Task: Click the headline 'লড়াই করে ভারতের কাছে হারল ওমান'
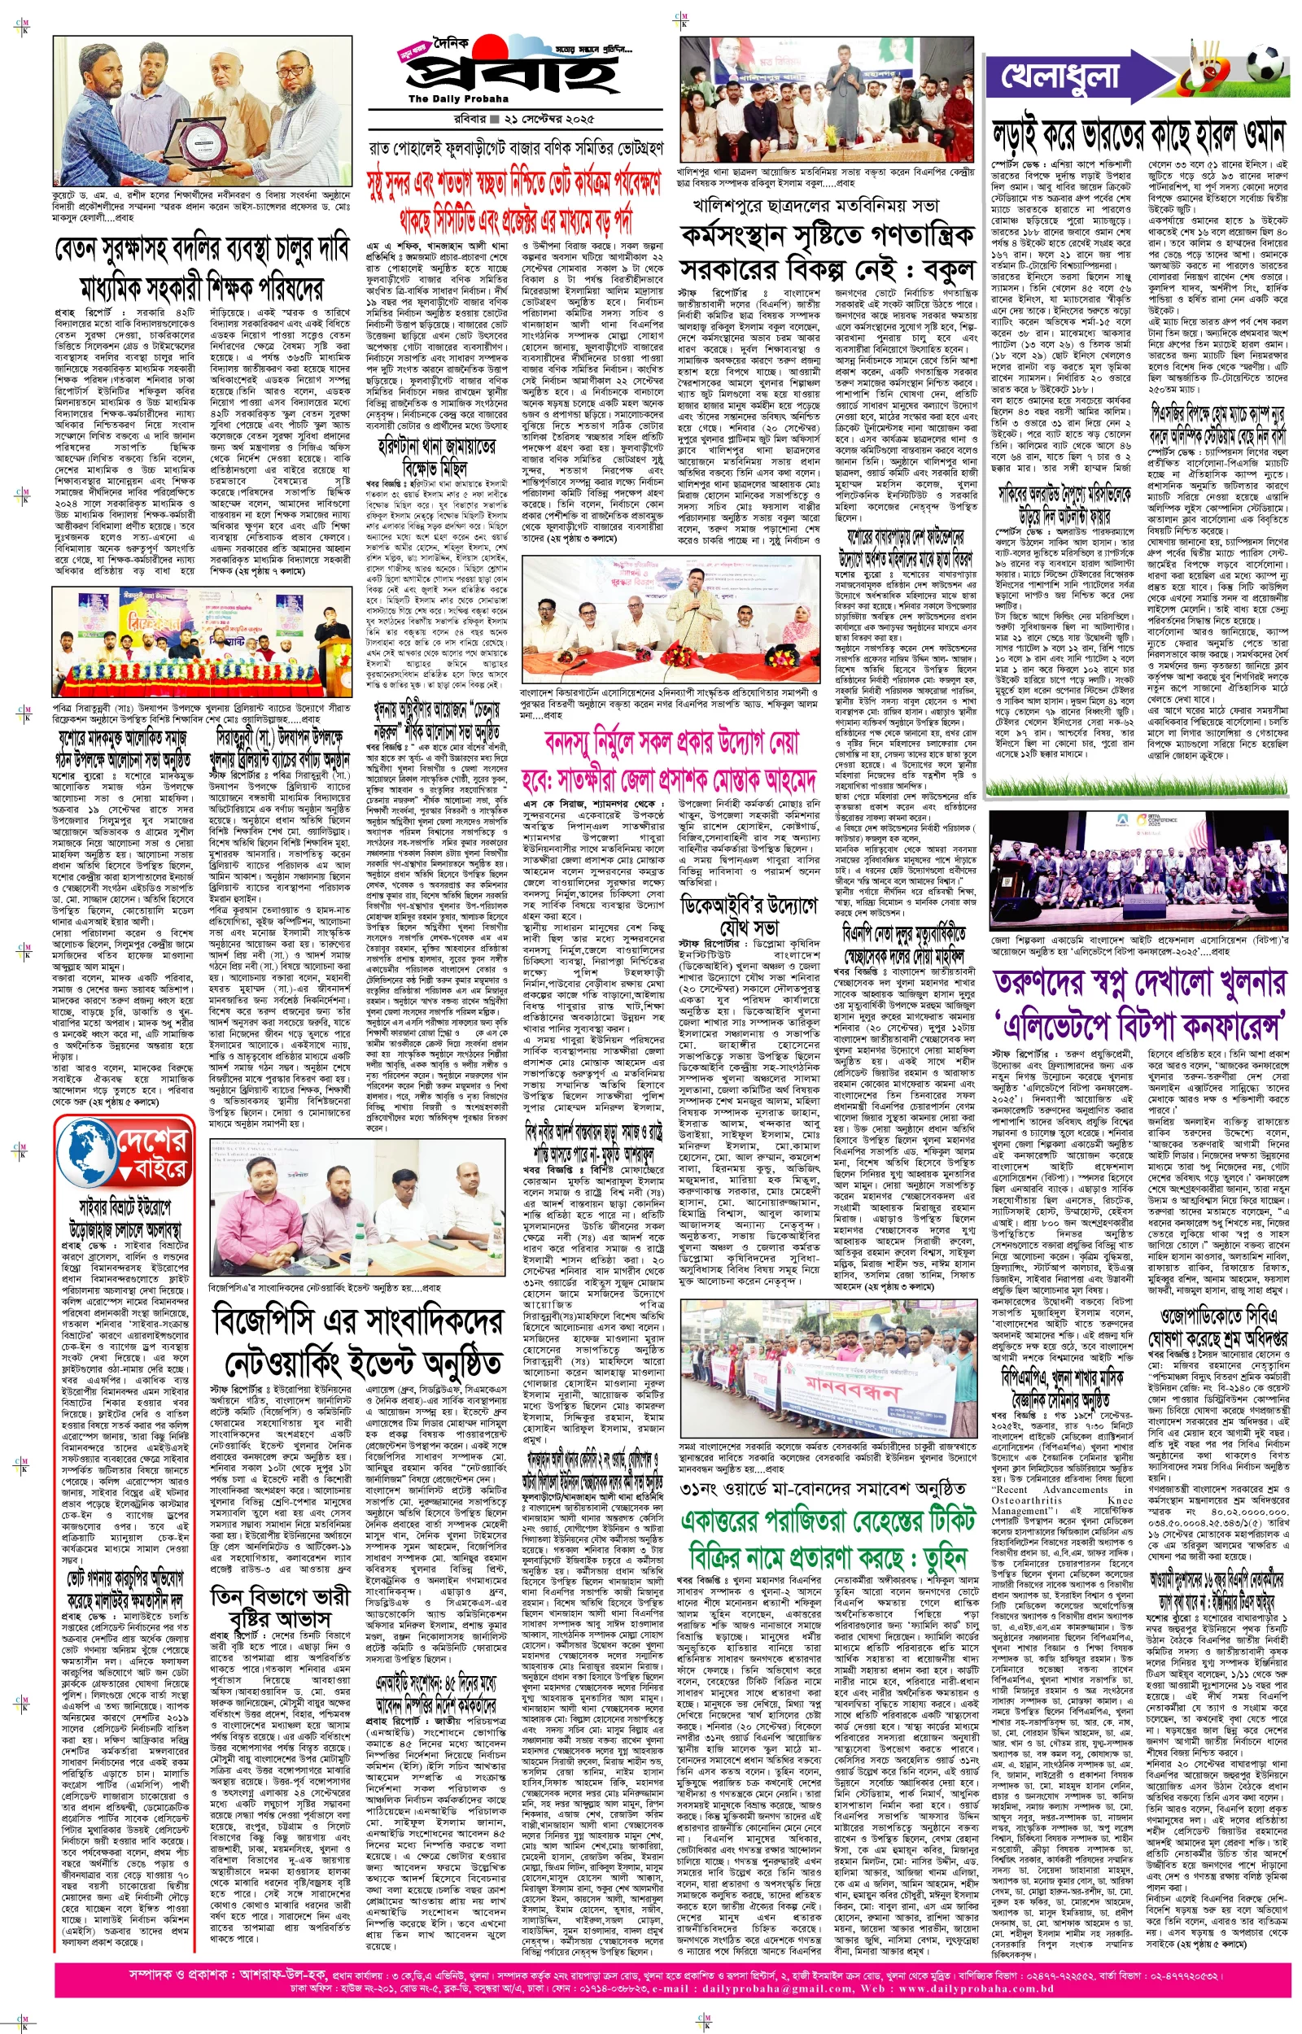tap(1138, 135)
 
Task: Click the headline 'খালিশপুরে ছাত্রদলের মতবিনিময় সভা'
tap(816, 204)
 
